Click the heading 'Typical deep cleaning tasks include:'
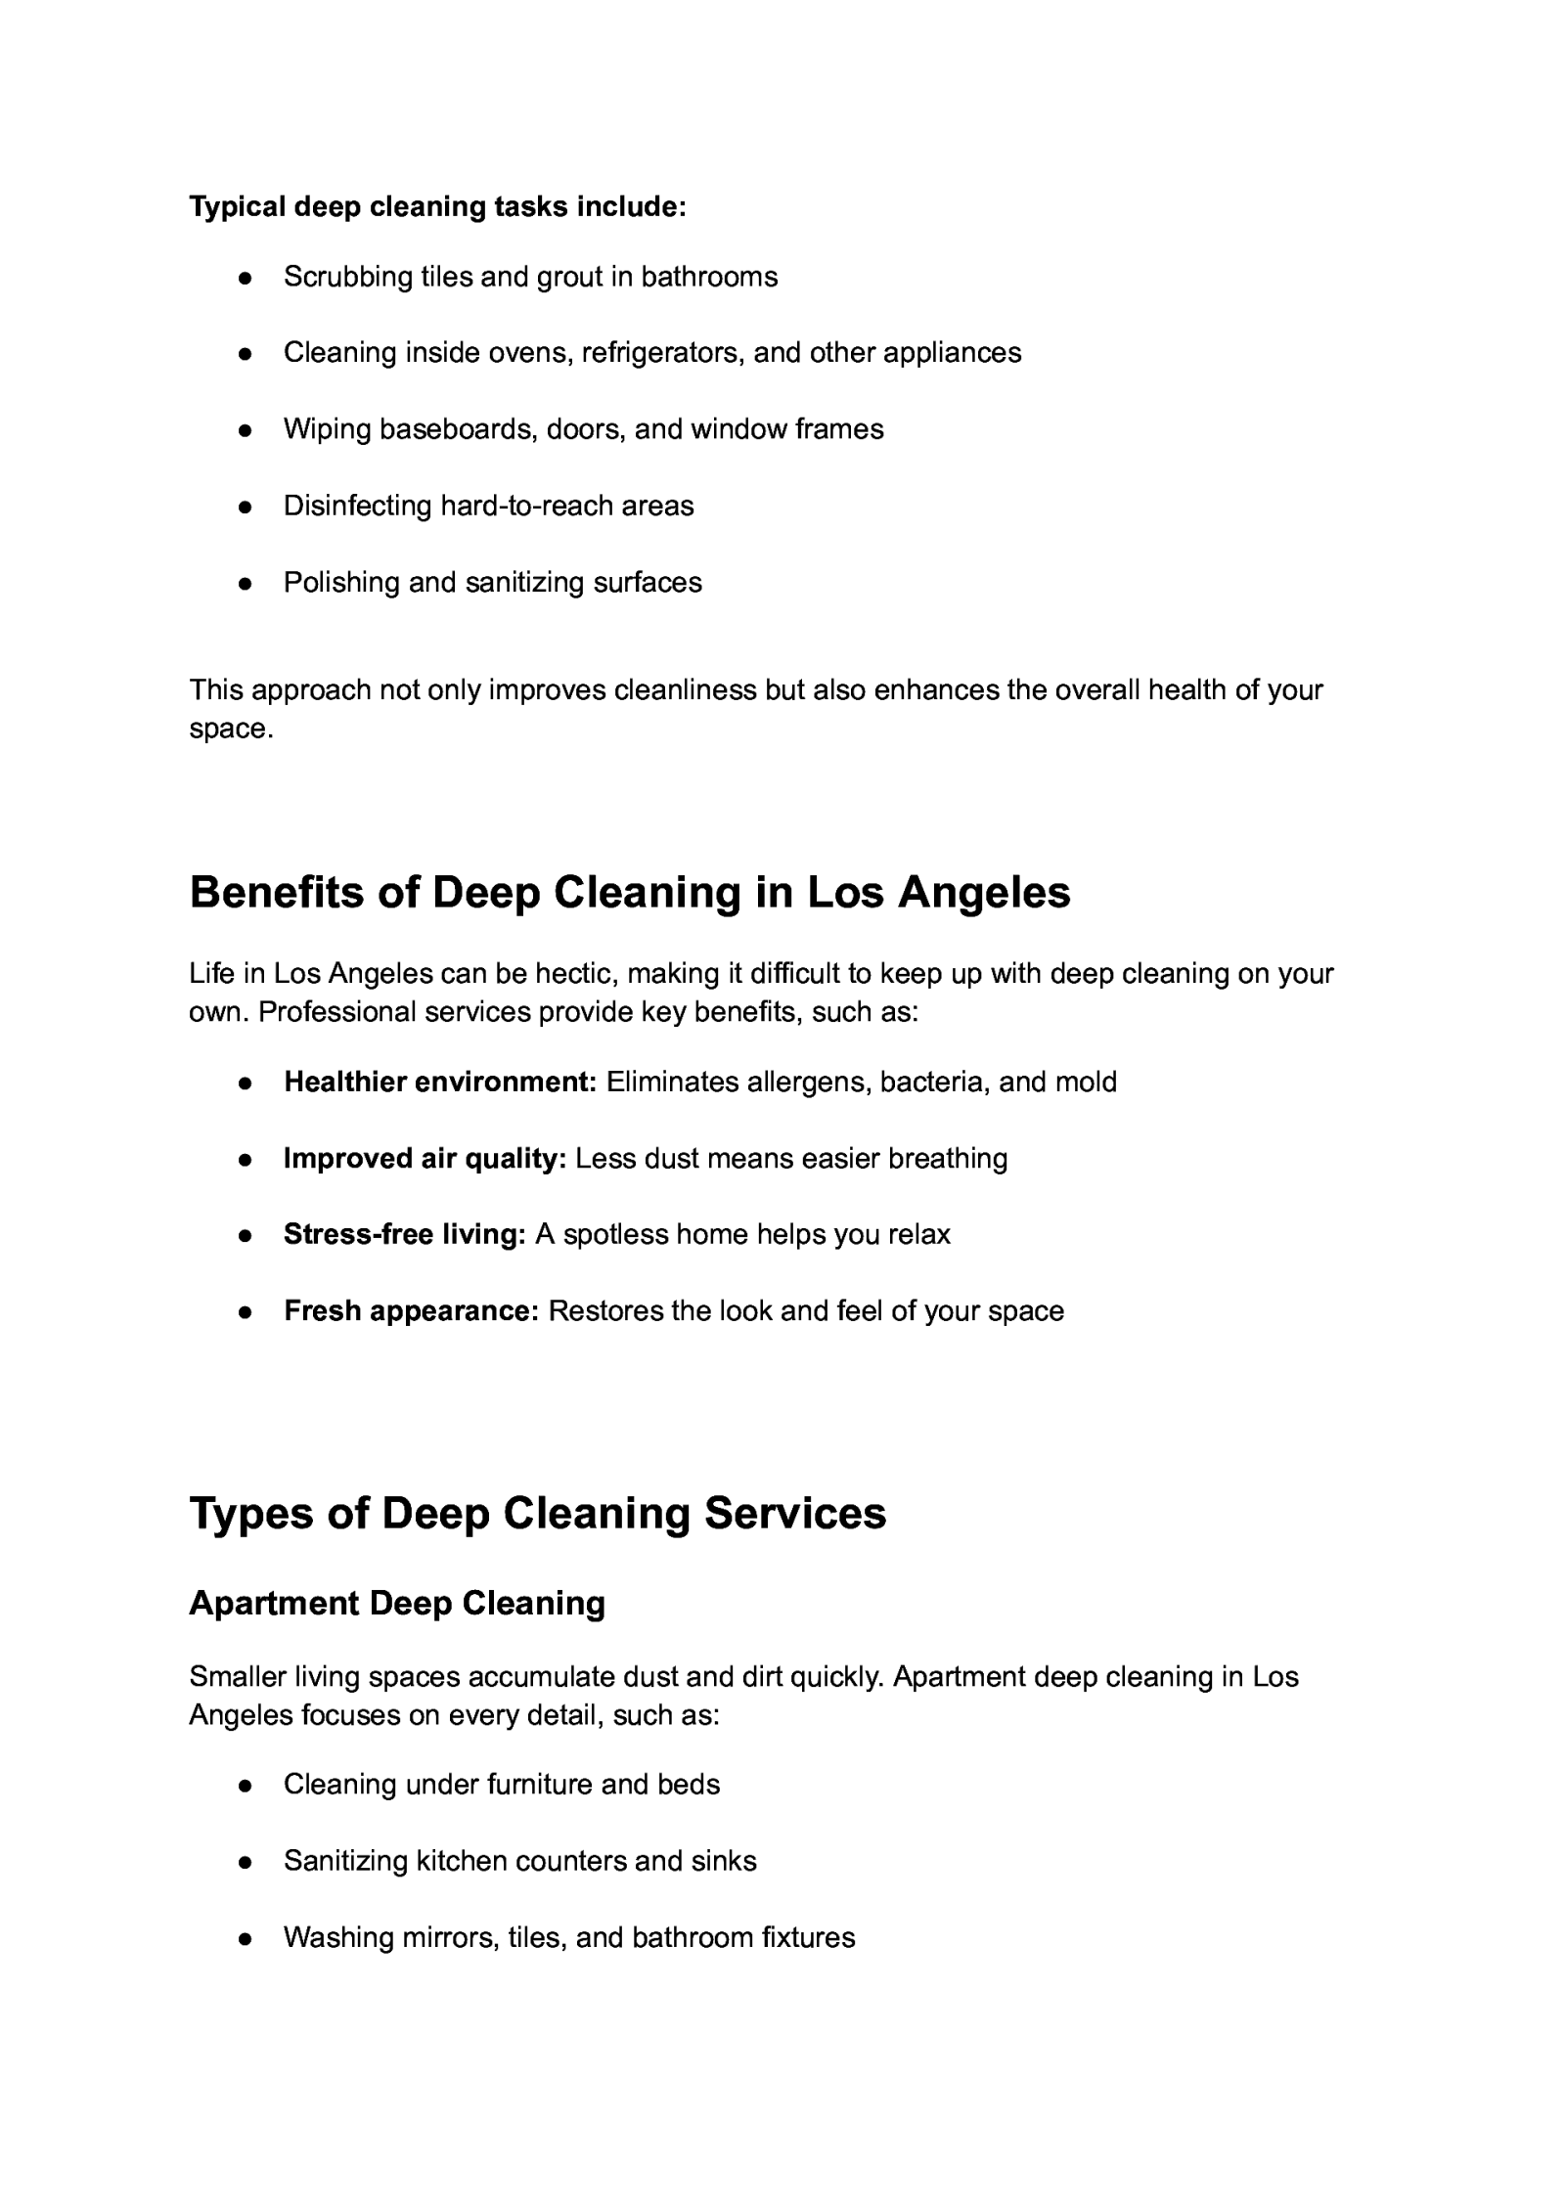(x=437, y=207)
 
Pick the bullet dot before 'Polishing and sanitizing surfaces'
(x=246, y=584)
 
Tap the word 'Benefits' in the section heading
(x=276, y=893)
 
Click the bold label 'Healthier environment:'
(x=440, y=1083)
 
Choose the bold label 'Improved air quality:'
(x=425, y=1159)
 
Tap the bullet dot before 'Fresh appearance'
(x=246, y=1312)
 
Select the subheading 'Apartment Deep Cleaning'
(x=397, y=1604)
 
